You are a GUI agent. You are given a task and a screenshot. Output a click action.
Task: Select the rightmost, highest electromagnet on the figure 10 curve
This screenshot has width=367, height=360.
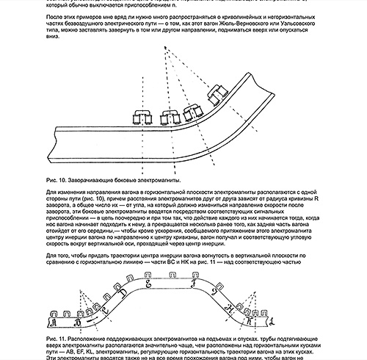pos(218,94)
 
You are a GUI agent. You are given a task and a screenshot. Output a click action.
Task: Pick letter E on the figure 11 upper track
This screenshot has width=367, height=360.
pos(149,281)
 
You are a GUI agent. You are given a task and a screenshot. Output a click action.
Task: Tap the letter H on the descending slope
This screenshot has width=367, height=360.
pos(233,309)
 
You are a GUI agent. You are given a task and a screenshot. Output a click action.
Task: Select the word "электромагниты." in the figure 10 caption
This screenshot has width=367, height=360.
pos(156,179)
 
